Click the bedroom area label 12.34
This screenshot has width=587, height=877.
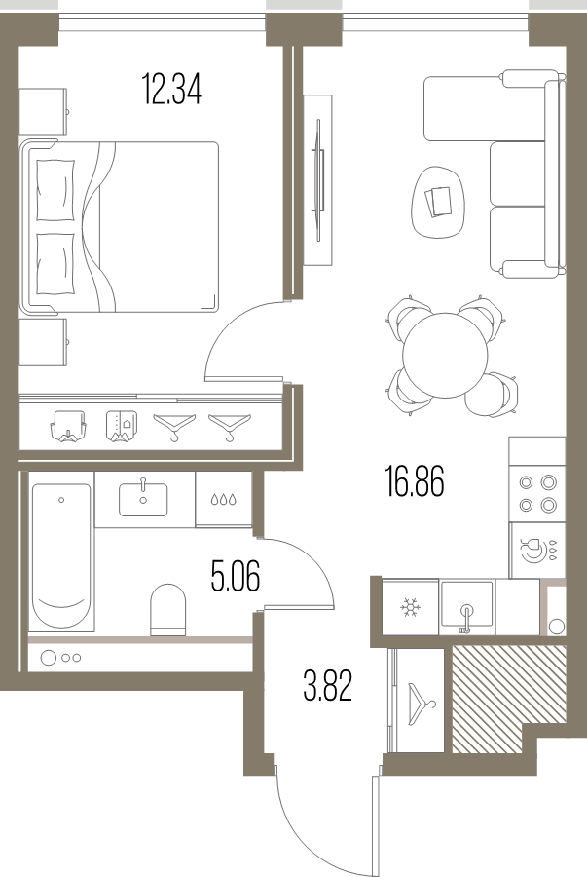[171, 90]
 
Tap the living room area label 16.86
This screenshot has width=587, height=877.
[415, 481]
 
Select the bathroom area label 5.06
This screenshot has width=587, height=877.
[236, 576]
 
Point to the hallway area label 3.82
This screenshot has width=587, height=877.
[327, 686]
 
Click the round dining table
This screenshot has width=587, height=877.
[445, 355]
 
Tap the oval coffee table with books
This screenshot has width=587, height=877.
[438, 203]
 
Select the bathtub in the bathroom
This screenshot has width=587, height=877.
[61, 556]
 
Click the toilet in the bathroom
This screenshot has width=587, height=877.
[168, 610]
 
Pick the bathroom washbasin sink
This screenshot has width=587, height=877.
[143, 500]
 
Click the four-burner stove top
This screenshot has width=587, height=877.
[537, 493]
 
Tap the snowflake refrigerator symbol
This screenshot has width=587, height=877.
[411, 607]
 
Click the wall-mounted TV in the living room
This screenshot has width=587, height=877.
[319, 180]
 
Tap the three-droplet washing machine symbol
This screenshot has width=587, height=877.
[223, 499]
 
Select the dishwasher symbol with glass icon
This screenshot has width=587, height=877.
[537, 550]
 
